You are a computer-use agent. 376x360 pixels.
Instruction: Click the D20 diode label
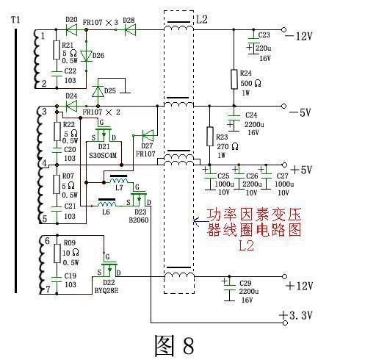tap(71, 20)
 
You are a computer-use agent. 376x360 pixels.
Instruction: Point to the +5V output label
tap(302, 169)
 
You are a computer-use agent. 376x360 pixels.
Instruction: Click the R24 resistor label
tap(247, 73)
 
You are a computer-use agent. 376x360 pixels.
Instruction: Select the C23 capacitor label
tap(264, 35)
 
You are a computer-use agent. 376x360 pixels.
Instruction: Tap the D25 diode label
tap(109, 90)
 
